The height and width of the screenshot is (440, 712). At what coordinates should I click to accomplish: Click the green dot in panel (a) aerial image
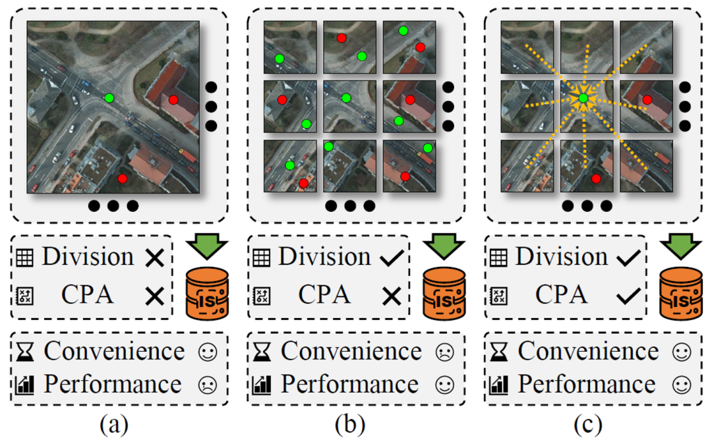coord(109,98)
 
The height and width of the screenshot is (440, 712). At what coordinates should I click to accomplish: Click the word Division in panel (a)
coord(88,257)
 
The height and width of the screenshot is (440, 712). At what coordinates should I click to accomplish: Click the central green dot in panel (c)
coord(583,99)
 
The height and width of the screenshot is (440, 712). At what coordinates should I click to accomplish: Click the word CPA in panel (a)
coord(88,294)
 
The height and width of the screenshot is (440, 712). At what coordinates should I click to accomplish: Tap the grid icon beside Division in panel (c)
coord(498,258)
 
